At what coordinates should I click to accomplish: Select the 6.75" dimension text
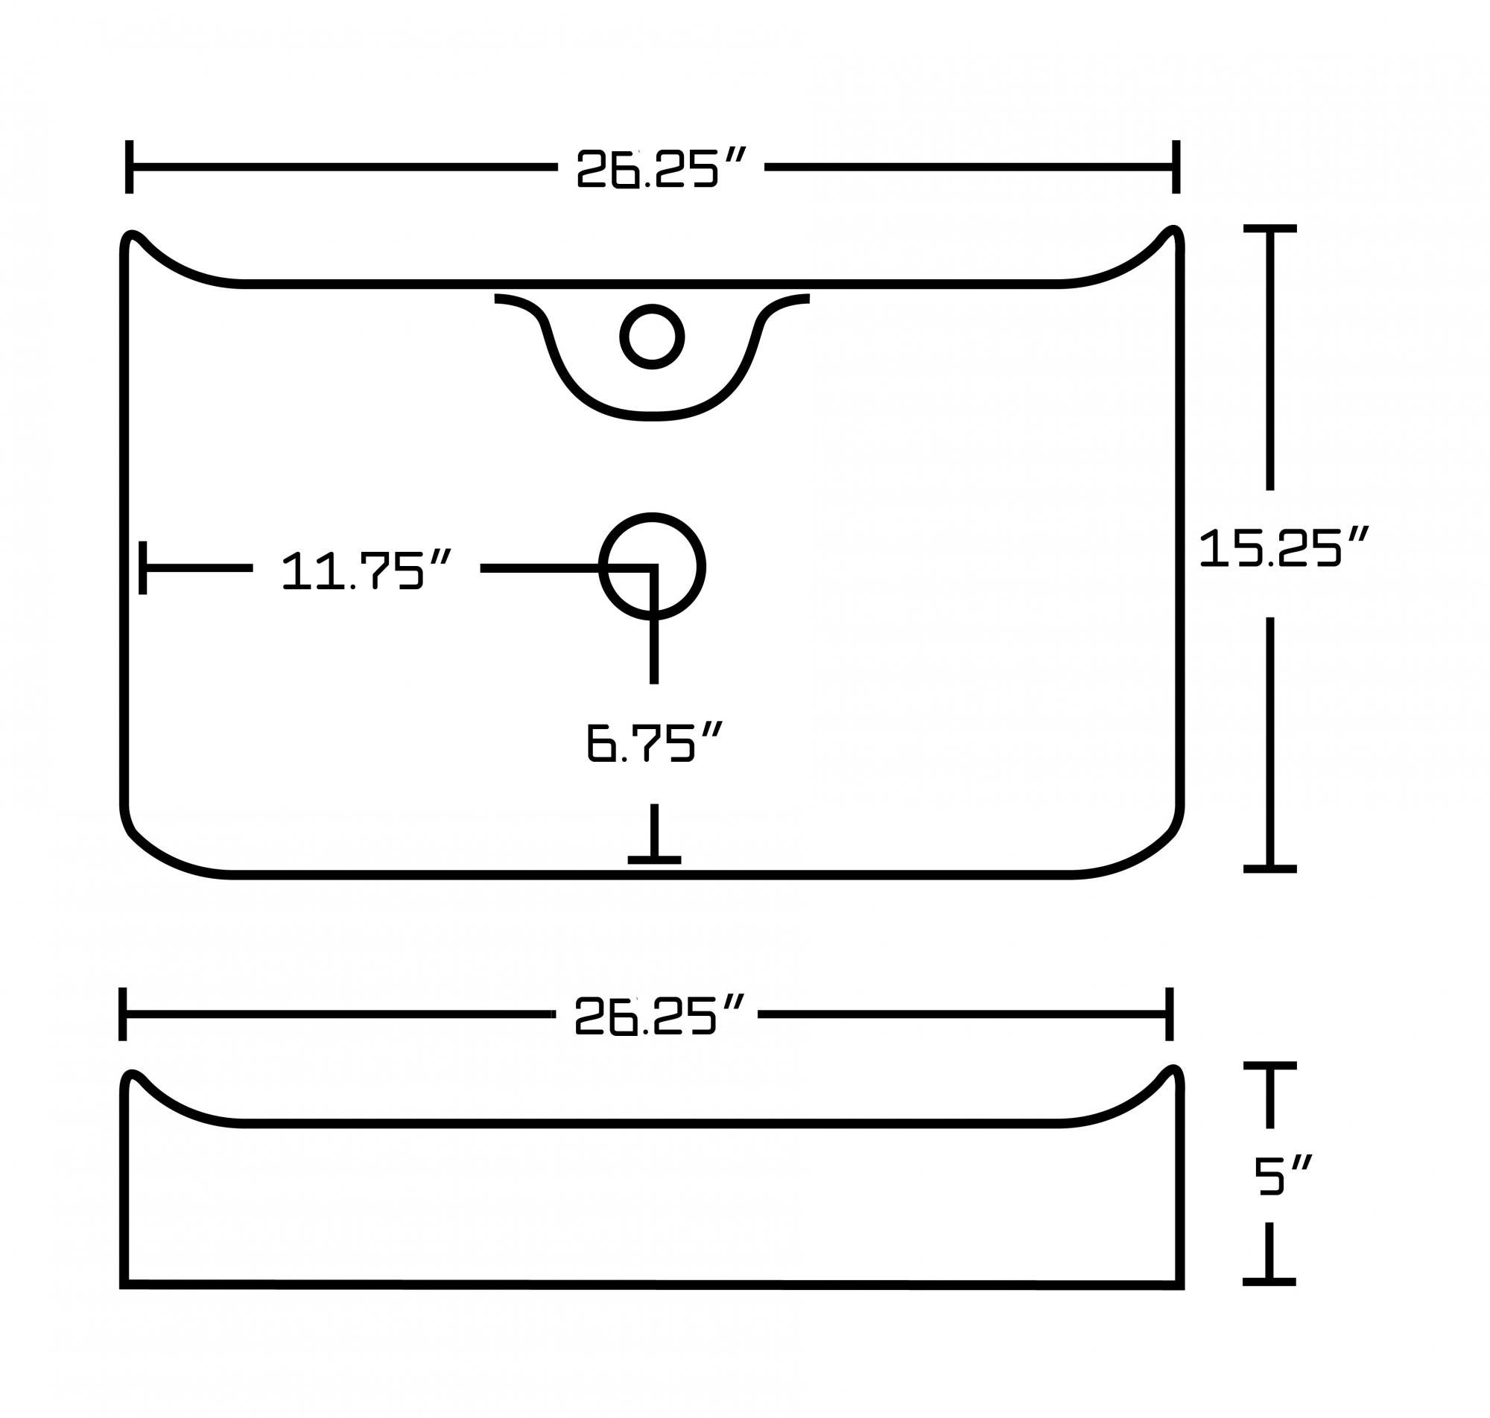coord(653,743)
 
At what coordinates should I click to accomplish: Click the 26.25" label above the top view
coord(660,168)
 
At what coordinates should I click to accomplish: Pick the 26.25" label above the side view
coord(659,1014)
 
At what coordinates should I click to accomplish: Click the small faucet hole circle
coord(652,337)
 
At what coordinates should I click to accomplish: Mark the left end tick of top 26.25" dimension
coord(130,166)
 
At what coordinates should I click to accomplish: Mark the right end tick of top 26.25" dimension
coord(1176,166)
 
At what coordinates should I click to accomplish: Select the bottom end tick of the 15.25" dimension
coord(1270,869)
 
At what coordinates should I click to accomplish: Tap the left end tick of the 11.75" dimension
coord(143,567)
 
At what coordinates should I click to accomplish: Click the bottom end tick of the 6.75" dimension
coord(654,859)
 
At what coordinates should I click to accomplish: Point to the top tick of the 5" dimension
coord(1270,1066)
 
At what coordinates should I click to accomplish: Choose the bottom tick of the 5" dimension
coord(1269,1282)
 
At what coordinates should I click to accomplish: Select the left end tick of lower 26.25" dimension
coord(122,1014)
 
